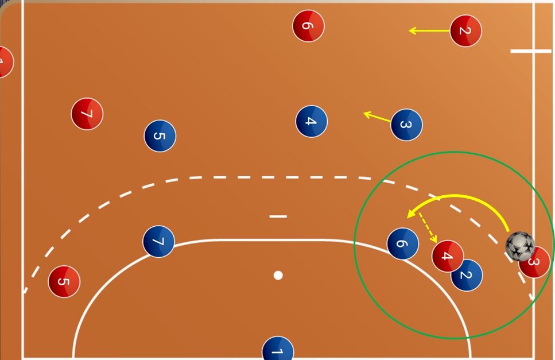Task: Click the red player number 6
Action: [x=308, y=26]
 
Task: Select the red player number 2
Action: [x=465, y=30]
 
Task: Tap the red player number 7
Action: [x=87, y=114]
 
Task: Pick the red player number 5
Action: [x=64, y=281]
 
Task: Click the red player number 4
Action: [x=448, y=256]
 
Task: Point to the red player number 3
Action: [x=534, y=262]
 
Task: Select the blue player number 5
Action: [x=160, y=136]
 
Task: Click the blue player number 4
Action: [x=312, y=121]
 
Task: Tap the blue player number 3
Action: [x=406, y=125]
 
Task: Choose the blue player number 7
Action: [x=158, y=241]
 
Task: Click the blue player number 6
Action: [x=403, y=244]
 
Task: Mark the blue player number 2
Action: [x=467, y=276]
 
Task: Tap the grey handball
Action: [x=520, y=246]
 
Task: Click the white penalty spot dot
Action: [x=278, y=276]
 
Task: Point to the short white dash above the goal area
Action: [x=278, y=216]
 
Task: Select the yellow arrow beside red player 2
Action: [x=429, y=31]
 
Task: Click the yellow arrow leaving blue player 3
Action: [x=377, y=117]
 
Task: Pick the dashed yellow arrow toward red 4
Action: [x=428, y=227]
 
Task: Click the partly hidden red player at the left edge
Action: [x=5, y=61]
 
